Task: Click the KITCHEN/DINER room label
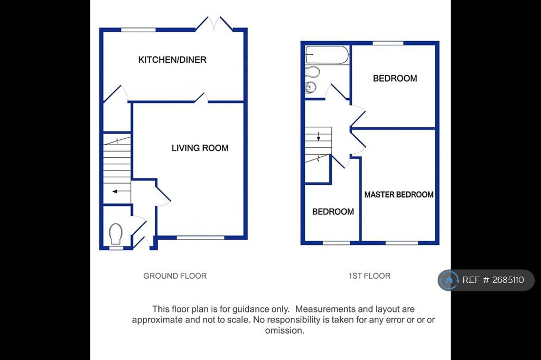point(172,60)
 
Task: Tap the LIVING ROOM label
point(200,148)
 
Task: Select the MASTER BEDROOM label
point(399,194)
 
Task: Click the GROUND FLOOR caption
point(175,276)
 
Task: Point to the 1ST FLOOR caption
point(369,276)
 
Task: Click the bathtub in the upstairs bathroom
point(327,54)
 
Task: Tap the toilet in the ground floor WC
point(116,234)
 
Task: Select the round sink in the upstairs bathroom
point(311,87)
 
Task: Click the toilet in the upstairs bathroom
point(312,72)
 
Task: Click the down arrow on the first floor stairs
point(319,136)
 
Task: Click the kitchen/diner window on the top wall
point(138,30)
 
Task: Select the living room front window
point(200,238)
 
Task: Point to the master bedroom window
point(402,243)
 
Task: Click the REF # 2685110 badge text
point(493,280)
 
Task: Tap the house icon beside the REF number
point(449,280)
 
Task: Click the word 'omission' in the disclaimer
point(284,330)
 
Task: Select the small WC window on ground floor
point(116,248)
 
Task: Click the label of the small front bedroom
point(333,212)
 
